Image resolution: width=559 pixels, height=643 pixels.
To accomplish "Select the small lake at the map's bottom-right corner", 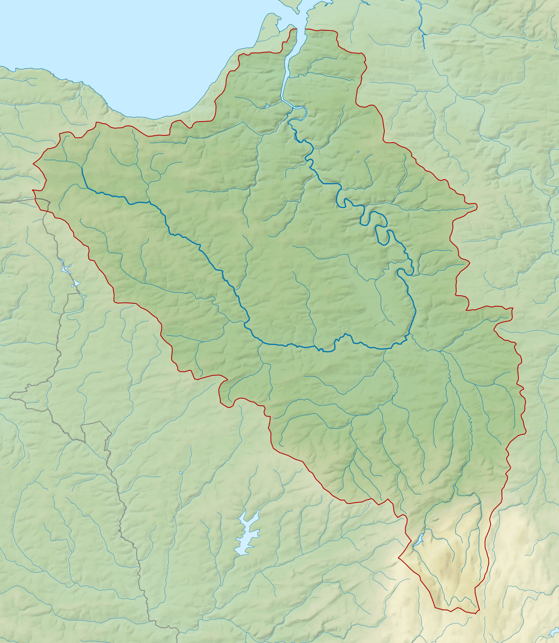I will click(554, 631).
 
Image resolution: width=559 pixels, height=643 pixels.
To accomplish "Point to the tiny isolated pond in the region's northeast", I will click(358, 151).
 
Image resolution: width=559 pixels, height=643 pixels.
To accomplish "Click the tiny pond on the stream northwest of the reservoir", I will click(181, 473).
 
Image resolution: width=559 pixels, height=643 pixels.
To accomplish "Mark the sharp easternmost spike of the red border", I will click(477, 207).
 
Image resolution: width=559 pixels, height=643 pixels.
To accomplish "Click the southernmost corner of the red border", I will click(477, 613).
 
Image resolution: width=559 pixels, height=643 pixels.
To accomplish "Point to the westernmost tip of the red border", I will click(33, 164).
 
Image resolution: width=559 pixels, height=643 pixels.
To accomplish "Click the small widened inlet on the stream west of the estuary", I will click(266, 105).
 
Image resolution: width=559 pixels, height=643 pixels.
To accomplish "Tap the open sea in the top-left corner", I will click(64, 30).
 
